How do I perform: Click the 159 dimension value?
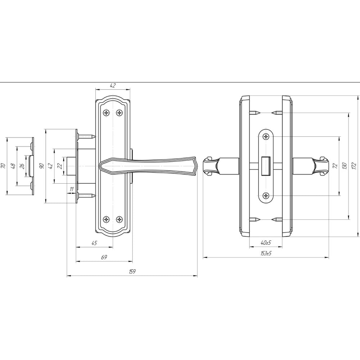coord(132,271)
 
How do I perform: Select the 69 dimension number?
coord(104,257)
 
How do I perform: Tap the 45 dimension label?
coord(94,243)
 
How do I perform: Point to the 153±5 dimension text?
coord(266,253)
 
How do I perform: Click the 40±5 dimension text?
coord(266,242)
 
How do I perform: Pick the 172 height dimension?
coord(354,166)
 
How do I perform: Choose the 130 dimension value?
coord(344,166)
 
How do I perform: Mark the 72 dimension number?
coord(335,166)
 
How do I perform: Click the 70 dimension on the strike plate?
coord(3,166)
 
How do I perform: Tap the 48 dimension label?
coord(13,166)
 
